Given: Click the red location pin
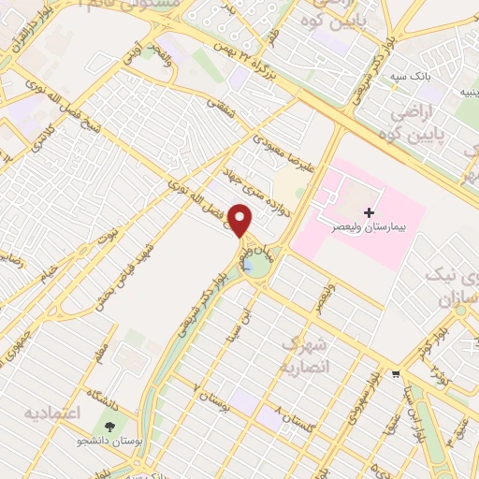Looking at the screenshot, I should (241, 221).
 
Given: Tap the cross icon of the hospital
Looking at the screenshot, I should (370, 213).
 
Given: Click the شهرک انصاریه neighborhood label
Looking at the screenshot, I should (303, 355).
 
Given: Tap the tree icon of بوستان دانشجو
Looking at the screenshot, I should (111, 428).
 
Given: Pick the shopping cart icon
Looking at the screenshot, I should (397, 375).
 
